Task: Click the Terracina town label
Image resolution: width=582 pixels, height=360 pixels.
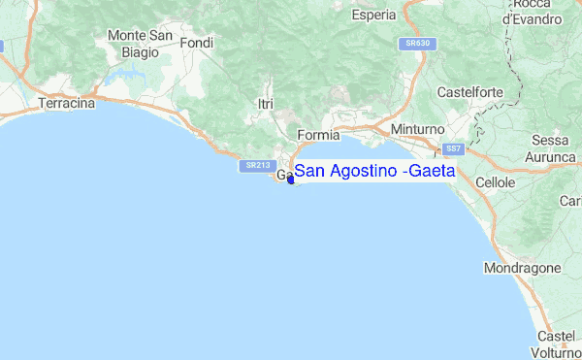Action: pyautogui.click(x=66, y=102)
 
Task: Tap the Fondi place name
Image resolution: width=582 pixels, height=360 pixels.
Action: pyautogui.click(x=196, y=43)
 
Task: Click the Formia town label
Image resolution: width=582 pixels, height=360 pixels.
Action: pyautogui.click(x=318, y=134)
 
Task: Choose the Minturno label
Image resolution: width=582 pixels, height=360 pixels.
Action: pyautogui.click(x=416, y=129)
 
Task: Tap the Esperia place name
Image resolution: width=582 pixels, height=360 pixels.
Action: pyautogui.click(x=373, y=16)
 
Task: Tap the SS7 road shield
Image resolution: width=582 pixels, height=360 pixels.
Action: pyautogui.click(x=452, y=148)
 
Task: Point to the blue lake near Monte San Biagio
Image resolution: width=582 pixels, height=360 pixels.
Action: pyautogui.click(x=124, y=74)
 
